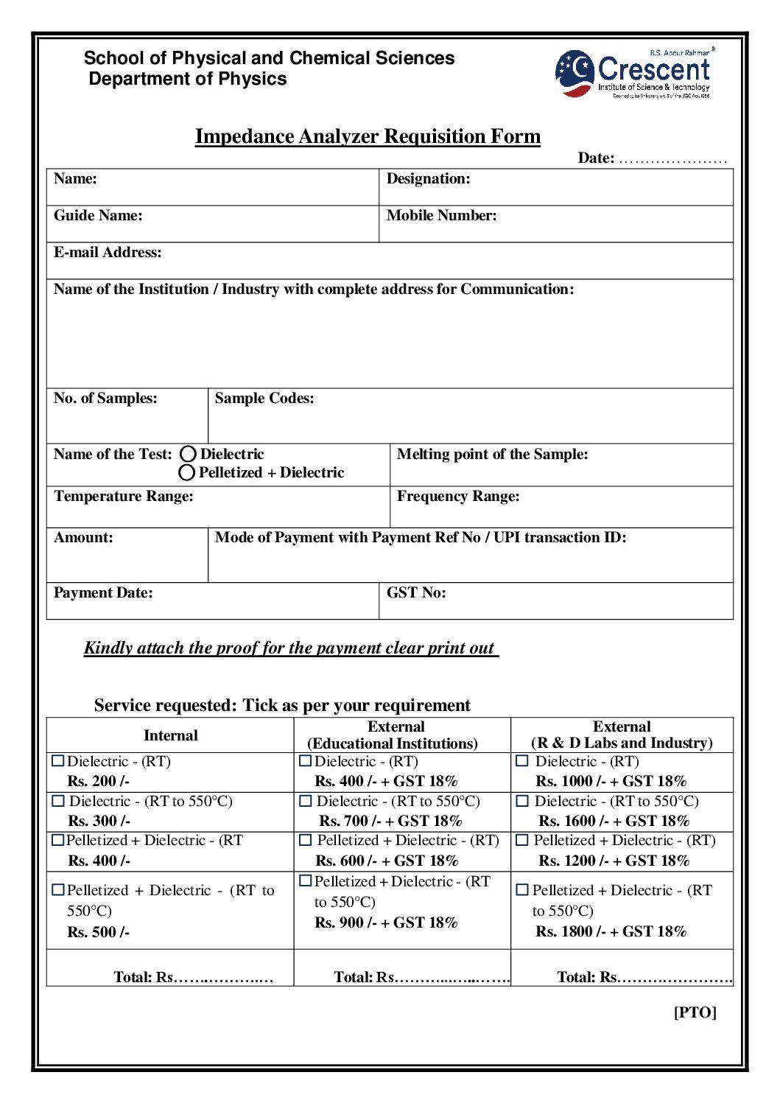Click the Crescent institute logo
[633, 74]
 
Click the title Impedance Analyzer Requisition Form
[368, 137]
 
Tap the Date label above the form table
[596, 158]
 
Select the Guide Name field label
[98, 216]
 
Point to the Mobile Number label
[441, 216]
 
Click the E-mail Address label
[108, 253]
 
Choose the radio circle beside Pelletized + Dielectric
[187, 472]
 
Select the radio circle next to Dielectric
[189, 454]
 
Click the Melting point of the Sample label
[492, 455]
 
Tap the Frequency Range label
[458, 497]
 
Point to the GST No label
[416, 593]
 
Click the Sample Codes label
[264, 399]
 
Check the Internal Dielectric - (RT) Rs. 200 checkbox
[59, 760]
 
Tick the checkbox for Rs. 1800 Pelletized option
[522, 890]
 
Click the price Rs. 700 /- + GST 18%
[390, 821]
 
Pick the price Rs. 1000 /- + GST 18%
[611, 781]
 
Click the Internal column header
[171, 735]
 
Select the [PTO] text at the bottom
[695, 1012]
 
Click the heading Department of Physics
[188, 79]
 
